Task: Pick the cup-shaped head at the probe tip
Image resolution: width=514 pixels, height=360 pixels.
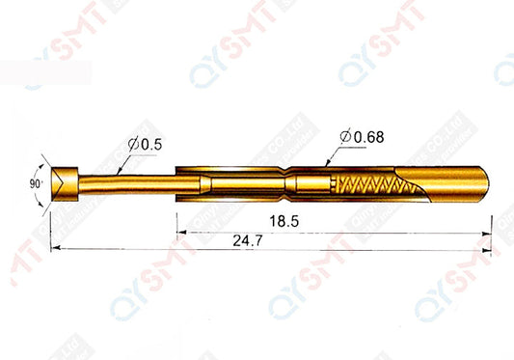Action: pyautogui.click(x=65, y=180)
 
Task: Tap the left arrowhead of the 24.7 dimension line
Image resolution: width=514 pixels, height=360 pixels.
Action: pyautogui.click(x=55, y=248)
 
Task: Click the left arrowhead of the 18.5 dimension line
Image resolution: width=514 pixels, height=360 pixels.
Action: pyautogui.click(x=180, y=231)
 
